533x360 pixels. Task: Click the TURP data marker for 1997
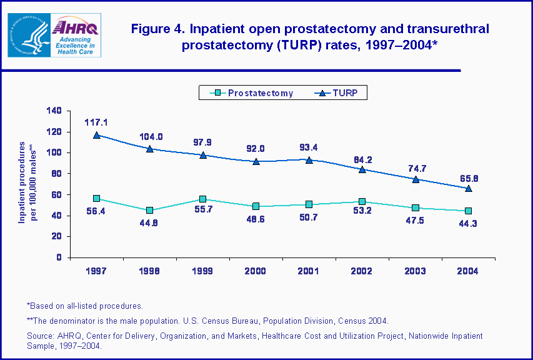click(97, 135)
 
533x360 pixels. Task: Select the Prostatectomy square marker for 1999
click(203, 199)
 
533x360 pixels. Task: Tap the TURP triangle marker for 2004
click(468, 188)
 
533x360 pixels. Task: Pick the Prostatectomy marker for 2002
click(362, 202)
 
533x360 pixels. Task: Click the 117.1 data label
click(97, 122)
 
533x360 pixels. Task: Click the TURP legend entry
click(337, 93)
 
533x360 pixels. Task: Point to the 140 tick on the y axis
click(54, 111)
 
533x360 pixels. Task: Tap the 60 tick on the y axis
click(56, 194)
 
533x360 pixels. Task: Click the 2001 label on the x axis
click(309, 271)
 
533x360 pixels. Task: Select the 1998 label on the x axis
click(150, 271)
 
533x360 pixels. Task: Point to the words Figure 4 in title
click(156, 29)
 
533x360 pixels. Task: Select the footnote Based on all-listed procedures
click(85, 306)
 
